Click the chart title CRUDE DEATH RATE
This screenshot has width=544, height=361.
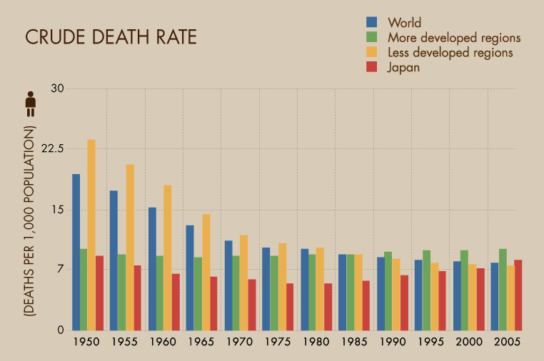(111, 38)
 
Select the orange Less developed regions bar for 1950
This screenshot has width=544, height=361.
(91, 235)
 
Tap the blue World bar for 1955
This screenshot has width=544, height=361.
(114, 260)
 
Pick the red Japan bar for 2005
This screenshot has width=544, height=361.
(518, 295)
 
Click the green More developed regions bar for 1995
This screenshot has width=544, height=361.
(426, 290)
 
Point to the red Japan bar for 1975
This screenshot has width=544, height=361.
(290, 307)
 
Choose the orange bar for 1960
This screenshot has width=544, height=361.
(168, 258)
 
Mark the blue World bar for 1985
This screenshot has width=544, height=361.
(343, 293)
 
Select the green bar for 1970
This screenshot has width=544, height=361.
(236, 293)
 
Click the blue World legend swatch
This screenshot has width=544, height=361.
(371, 22)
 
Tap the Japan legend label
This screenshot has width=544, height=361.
(403, 68)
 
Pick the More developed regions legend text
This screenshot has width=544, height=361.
(454, 37)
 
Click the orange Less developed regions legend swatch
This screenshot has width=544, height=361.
(371, 52)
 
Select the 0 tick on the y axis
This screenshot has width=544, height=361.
(61, 330)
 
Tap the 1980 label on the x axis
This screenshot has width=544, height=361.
(316, 342)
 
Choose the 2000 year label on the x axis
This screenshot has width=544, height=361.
(469, 342)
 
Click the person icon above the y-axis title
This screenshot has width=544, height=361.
(30, 104)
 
